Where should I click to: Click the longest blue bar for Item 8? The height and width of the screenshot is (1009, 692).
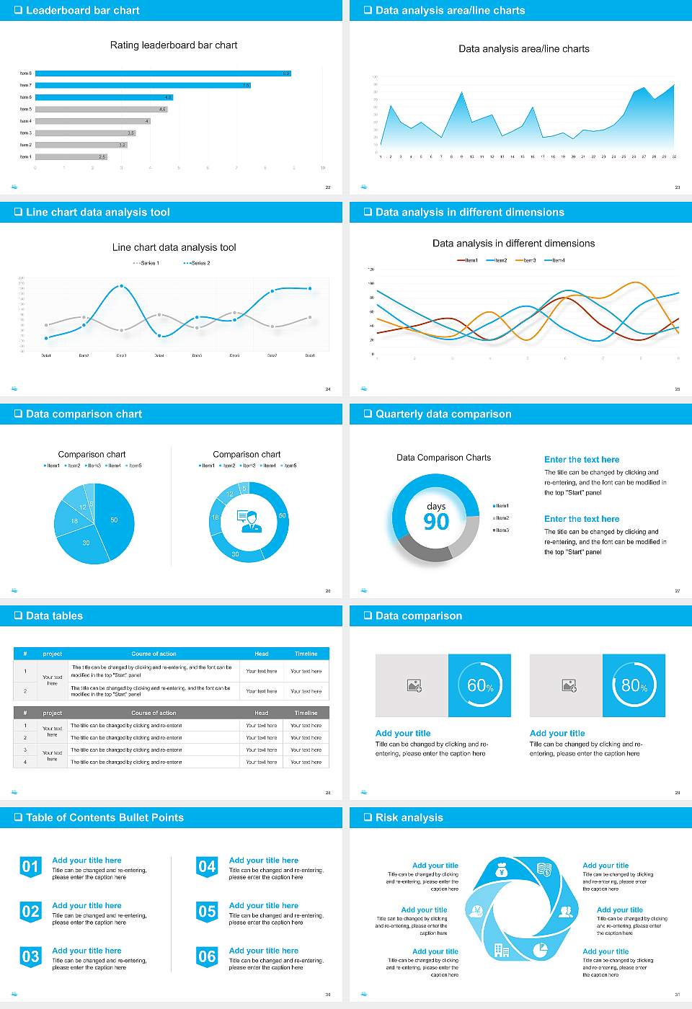click(x=162, y=74)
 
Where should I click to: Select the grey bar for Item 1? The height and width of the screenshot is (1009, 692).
click(x=71, y=156)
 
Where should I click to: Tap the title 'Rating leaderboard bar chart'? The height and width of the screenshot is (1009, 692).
click(x=174, y=45)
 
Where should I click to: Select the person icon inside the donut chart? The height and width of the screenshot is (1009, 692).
click(x=249, y=520)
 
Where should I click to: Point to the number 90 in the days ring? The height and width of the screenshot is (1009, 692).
click(x=436, y=522)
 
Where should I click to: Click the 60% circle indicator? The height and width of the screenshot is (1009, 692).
click(x=480, y=685)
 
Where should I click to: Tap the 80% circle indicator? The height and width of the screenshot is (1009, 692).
click(x=634, y=685)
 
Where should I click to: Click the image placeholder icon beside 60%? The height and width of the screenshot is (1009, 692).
click(x=414, y=685)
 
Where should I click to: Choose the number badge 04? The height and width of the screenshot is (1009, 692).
click(x=207, y=867)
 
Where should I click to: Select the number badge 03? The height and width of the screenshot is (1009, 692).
click(x=30, y=957)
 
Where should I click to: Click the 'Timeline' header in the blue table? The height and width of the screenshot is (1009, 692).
click(x=306, y=654)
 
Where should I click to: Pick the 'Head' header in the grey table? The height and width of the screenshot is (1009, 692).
click(x=261, y=713)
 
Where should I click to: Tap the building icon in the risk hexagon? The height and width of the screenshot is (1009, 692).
click(x=501, y=950)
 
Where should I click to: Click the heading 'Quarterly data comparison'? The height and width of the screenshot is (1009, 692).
click(x=443, y=414)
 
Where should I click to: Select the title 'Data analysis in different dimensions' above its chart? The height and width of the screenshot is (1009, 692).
click(x=513, y=244)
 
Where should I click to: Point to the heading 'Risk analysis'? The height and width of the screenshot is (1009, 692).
click(x=409, y=817)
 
